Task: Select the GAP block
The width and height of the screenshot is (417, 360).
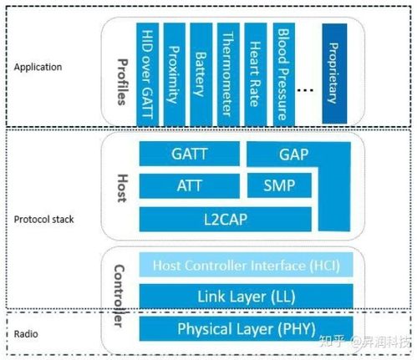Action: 294,155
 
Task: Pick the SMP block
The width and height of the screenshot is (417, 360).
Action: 280,185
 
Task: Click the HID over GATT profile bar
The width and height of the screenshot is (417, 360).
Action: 147,70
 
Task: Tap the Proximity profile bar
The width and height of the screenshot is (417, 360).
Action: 174,70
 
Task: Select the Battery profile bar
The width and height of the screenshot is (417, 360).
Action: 201,70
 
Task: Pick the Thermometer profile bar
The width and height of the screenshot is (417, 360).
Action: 227,70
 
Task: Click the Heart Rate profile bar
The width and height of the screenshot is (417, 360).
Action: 254,70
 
